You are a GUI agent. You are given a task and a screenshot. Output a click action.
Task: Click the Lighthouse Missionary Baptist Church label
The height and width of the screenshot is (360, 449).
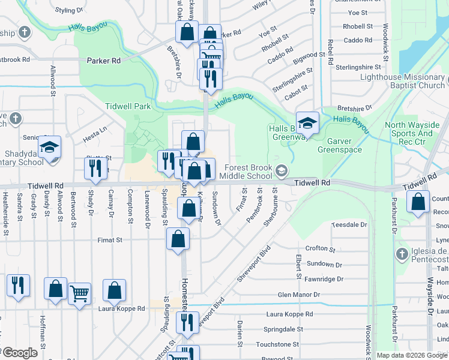click(x=402, y=81)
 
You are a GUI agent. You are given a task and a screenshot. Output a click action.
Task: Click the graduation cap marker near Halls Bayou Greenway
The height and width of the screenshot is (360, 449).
click(x=307, y=124)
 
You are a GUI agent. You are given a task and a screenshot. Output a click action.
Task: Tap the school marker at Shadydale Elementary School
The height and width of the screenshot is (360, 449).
click(x=49, y=146)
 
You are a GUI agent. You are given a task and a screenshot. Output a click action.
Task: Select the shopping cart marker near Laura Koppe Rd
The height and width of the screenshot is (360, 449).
click(x=79, y=294)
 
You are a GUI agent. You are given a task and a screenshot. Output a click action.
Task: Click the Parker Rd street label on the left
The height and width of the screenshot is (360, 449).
click(x=104, y=61)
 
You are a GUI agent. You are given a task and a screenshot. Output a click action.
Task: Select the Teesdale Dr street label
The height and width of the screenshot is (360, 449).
click(x=349, y=224)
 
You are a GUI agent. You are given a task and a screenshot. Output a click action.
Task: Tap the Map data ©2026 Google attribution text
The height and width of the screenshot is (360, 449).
click(x=412, y=355)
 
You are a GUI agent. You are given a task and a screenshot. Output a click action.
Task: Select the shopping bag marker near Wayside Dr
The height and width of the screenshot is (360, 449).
click(x=418, y=202)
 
